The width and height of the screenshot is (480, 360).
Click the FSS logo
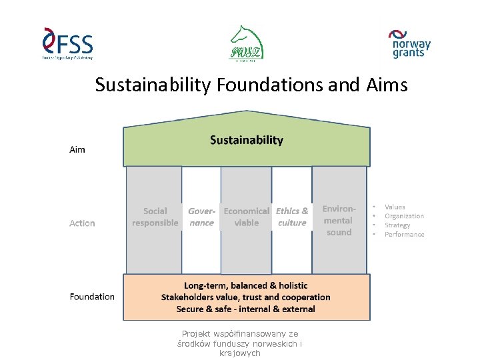pyautogui.click(x=67, y=45)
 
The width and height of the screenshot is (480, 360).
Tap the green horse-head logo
pyautogui.click(x=247, y=43)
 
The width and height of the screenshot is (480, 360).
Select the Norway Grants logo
pyautogui.click(x=409, y=44)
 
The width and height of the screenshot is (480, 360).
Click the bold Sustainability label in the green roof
pyautogui.click(x=247, y=140)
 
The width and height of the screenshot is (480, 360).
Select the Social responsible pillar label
pyautogui.click(x=155, y=217)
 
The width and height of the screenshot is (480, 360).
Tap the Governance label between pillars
pyautogui.click(x=201, y=217)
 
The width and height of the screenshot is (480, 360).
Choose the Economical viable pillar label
pyautogui.click(x=247, y=217)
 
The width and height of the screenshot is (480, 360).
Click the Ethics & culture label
pyautogui.click(x=292, y=217)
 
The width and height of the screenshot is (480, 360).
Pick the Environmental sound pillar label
pyautogui.click(x=339, y=220)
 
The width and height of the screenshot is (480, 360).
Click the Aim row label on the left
pyautogui.click(x=77, y=149)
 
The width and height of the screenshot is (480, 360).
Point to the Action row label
pyautogui.click(x=82, y=223)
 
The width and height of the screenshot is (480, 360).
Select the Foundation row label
pyautogui.click(x=92, y=297)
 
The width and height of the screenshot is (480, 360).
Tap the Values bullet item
pyautogui.click(x=395, y=207)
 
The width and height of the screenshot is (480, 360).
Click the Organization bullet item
pyautogui.click(x=404, y=216)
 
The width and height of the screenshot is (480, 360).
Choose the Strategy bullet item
pyautogui.click(x=397, y=225)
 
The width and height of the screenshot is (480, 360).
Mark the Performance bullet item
pyautogui.click(x=404, y=235)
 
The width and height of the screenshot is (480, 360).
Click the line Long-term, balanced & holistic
pyautogui.click(x=246, y=285)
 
